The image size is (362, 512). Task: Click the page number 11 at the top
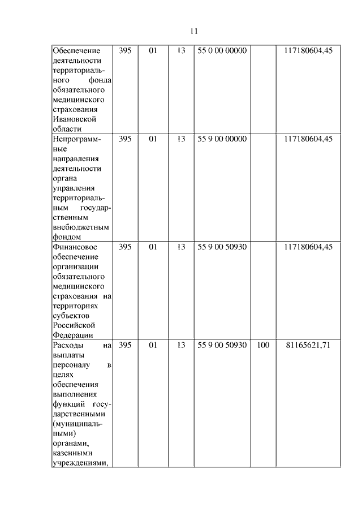click(x=193, y=31)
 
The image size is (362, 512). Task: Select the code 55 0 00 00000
click(x=222, y=51)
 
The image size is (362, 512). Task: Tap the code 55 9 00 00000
click(x=222, y=139)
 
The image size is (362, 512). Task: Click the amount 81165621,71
click(x=309, y=345)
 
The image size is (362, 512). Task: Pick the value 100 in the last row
click(x=263, y=345)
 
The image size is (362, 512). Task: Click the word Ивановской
click(x=74, y=119)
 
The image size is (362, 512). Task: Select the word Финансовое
click(x=75, y=247)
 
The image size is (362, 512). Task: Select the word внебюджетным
click(x=81, y=227)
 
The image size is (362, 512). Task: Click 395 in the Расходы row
click(x=126, y=345)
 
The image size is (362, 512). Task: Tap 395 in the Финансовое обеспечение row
click(x=126, y=247)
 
